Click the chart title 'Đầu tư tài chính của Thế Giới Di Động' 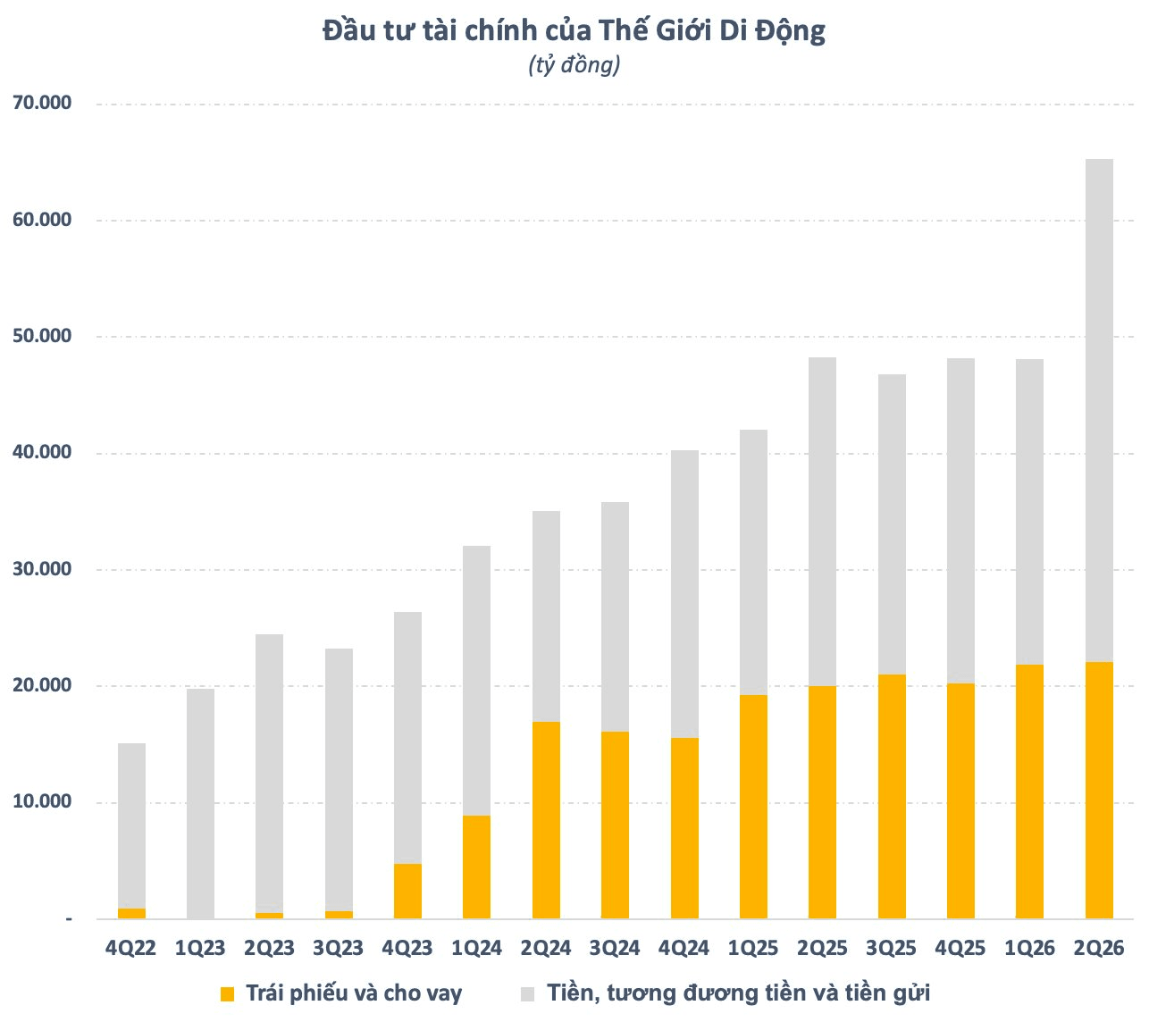click(x=574, y=30)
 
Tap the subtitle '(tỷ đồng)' click(x=574, y=65)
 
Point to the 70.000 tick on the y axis click(x=42, y=103)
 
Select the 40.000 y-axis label click(x=42, y=452)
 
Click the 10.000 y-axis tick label click(x=42, y=801)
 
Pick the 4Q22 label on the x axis click(x=130, y=948)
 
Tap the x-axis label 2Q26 click(x=1099, y=948)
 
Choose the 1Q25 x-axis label click(x=753, y=948)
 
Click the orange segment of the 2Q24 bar click(x=546, y=820)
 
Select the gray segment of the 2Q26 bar click(x=1099, y=411)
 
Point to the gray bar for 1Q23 click(x=200, y=804)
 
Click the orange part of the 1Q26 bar click(x=1029, y=792)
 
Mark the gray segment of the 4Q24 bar click(x=684, y=594)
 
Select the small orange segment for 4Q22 click(x=131, y=914)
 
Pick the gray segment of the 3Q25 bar click(x=892, y=524)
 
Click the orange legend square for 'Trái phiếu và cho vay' click(x=227, y=994)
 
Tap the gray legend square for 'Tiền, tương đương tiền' click(x=527, y=994)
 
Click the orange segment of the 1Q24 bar click(x=476, y=867)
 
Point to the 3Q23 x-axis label click(x=338, y=948)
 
